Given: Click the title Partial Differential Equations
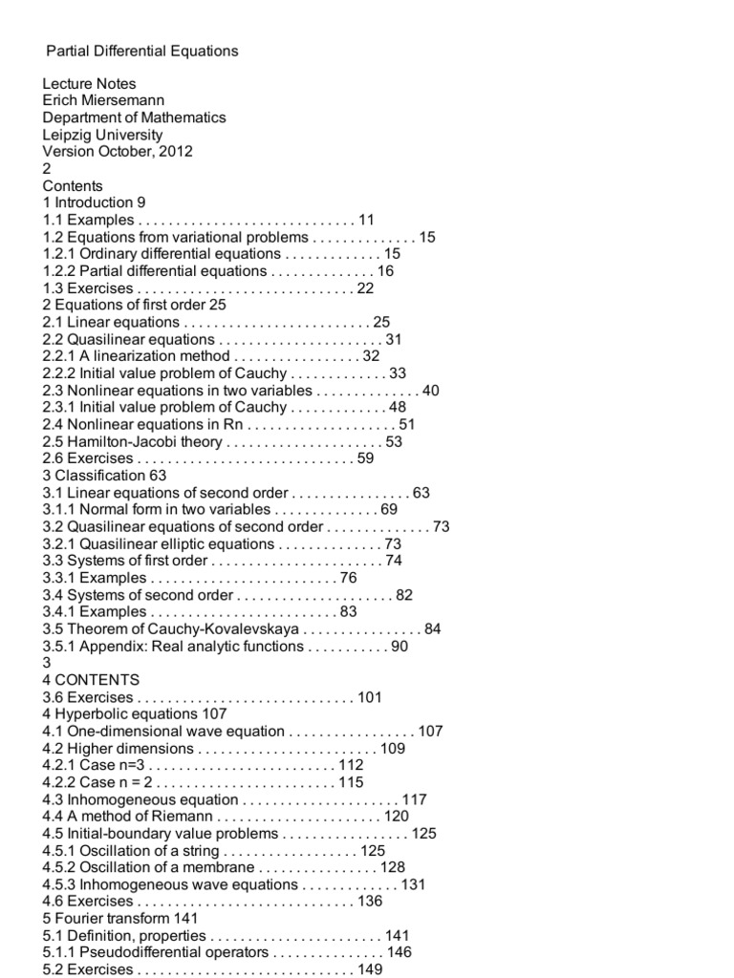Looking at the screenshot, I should click(x=142, y=51).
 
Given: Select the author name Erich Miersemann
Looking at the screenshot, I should click(x=102, y=100).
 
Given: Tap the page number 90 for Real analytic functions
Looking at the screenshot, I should click(x=399, y=647).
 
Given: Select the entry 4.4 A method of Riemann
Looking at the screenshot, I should click(x=127, y=817).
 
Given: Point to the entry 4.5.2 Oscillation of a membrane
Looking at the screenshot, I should click(x=148, y=867).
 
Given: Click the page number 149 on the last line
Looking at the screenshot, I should click(x=369, y=969).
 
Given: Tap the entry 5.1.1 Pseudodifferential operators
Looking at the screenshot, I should click(x=156, y=952).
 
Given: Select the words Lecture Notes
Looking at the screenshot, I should click(x=89, y=84).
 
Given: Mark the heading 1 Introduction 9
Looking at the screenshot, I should click(x=94, y=202).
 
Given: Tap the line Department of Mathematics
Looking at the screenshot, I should click(x=134, y=117).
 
